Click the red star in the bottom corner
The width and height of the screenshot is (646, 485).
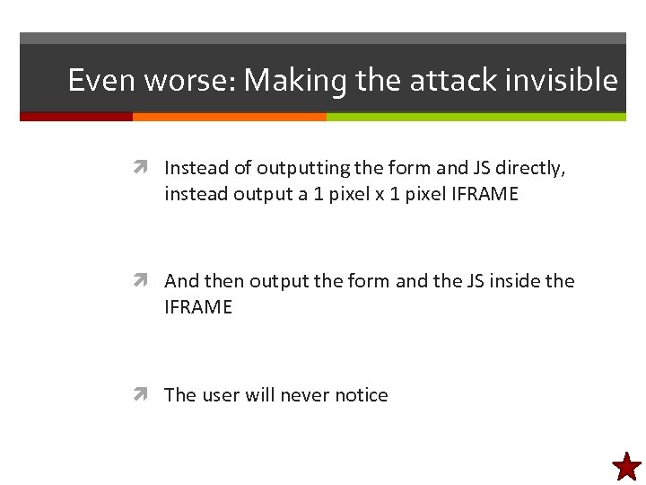coord(626,465)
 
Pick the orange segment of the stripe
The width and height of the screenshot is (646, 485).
coord(229,117)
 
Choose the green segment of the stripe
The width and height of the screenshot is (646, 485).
coord(476,117)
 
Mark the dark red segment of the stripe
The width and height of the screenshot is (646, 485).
coord(76,117)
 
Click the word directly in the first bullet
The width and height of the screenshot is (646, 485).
coord(533,168)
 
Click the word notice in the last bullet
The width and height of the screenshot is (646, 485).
coord(361,395)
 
